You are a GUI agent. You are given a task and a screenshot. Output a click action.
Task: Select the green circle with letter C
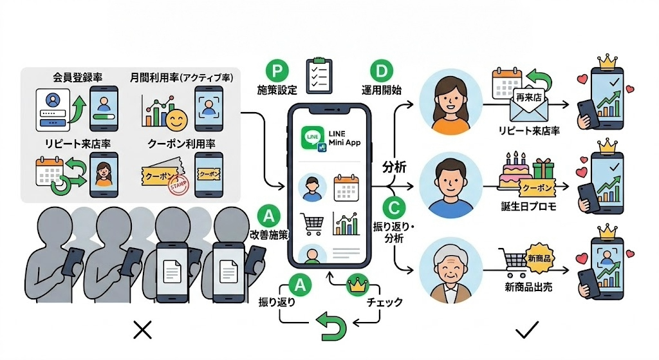pos(393,207)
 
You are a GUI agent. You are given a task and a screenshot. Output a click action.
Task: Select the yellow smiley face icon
pos(174,120)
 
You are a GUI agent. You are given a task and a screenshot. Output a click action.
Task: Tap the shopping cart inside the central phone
pos(311,223)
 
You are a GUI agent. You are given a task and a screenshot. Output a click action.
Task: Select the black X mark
pos(141,331)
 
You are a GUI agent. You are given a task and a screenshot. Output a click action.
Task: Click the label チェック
pos(384,301)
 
